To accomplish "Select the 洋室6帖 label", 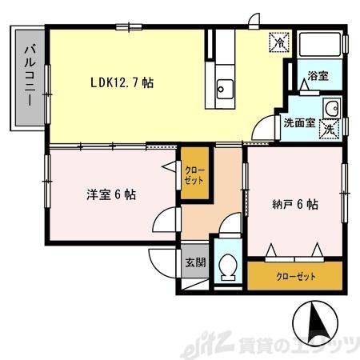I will pos(110,194).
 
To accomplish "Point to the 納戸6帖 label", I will pos(294,203).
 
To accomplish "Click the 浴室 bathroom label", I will pos(318,76).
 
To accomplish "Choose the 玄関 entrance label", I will pos(194,262).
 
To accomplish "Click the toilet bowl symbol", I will pos(227,266).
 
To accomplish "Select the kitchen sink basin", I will pos(223,87).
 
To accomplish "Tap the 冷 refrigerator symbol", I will pos(278,40).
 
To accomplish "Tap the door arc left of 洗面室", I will pos(264,129).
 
